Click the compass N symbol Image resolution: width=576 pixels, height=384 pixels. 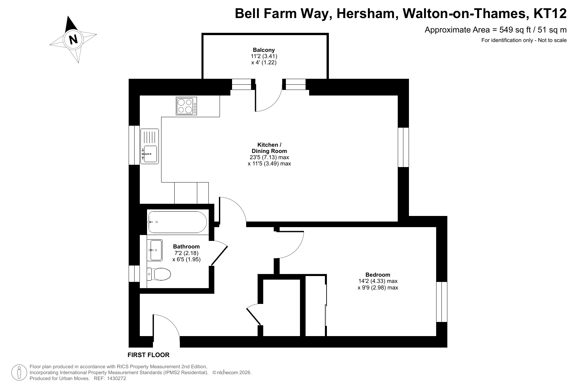coord(73,39)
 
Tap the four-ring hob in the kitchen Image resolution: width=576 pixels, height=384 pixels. coord(186,106)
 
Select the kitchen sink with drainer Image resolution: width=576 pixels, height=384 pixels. coord(150,146)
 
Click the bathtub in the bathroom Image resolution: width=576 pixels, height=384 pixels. coord(178,222)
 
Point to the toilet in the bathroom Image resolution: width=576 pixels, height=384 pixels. coord(159,274)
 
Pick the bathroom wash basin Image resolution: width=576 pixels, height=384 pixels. coord(156,250)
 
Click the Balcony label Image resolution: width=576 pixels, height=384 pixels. coord(264,50)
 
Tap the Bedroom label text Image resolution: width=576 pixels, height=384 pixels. coord(378,275)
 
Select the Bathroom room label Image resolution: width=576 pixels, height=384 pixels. coord(186,246)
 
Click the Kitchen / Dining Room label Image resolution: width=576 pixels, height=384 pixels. coord(269,148)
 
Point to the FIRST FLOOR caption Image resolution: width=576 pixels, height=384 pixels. coord(148,355)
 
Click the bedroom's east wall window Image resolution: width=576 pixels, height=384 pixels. coord(442,302)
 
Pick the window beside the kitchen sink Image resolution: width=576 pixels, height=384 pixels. coord(134,145)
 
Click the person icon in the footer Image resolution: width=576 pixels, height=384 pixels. coord(19,373)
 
